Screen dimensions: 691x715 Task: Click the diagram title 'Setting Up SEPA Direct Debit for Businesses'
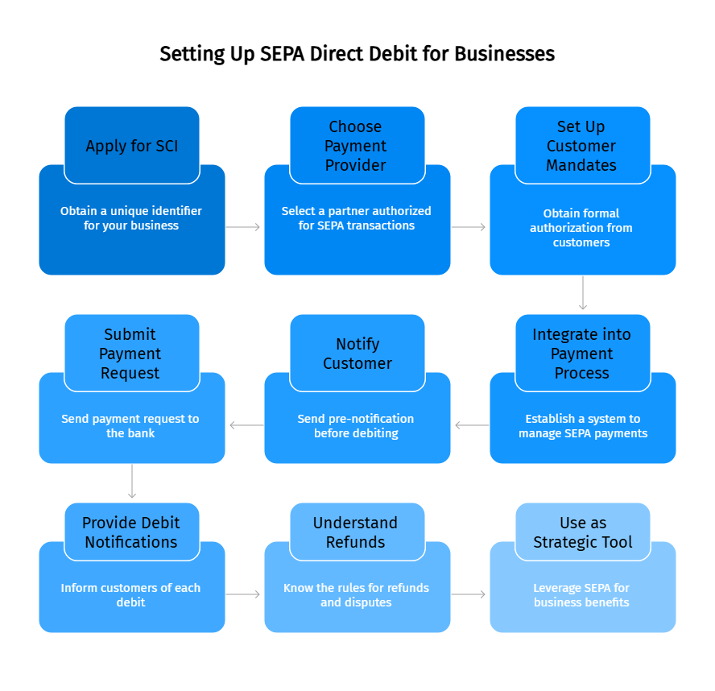click(357, 54)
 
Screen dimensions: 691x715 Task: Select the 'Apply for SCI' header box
click(132, 146)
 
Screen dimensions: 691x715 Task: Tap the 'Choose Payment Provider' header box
click(357, 146)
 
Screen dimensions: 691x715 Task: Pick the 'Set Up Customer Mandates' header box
click(582, 146)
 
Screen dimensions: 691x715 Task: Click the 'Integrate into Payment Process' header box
click(582, 354)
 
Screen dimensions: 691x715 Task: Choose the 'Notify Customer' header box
click(357, 354)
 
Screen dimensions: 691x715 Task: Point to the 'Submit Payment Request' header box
click(132, 354)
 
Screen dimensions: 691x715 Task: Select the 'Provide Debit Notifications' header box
click(132, 532)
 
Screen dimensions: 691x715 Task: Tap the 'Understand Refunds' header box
click(357, 532)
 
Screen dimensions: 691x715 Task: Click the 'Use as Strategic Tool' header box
click(582, 532)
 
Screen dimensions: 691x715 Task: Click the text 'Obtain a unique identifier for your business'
click(132, 218)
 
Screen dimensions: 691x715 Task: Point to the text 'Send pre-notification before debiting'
click(357, 426)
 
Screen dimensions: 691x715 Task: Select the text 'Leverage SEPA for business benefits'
click(582, 595)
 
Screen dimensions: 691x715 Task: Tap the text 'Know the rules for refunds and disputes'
click(357, 595)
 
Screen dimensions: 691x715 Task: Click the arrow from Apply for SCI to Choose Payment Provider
click(244, 227)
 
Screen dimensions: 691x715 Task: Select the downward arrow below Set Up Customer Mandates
click(583, 293)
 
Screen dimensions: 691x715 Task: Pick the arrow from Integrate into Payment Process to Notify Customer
click(470, 425)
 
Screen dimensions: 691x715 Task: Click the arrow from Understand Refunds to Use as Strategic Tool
click(469, 594)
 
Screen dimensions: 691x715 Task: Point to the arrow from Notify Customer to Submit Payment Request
click(245, 425)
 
